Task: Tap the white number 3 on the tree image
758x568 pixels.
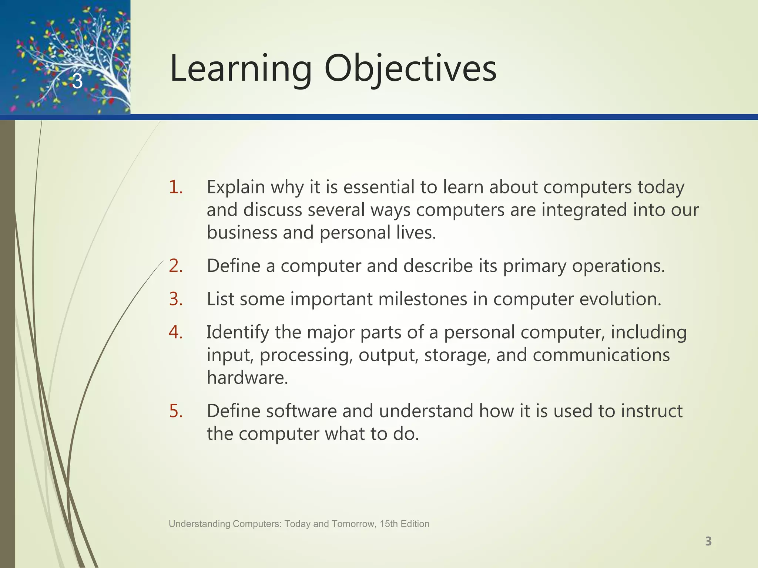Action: pyautogui.click(x=77, y=81)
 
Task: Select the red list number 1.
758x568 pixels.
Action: pyautogui.click(x=175, y=187)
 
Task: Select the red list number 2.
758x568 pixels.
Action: pyautogui.click(x=175, y=266)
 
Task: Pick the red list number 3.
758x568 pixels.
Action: pyautogui.click(x=175, y=299)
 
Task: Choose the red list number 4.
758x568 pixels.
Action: pyautogui.click(x=175, y=332)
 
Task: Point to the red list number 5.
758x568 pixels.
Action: pyautogui.click(x=175, y=411)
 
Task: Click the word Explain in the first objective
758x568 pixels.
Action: pyautogui.click(x=236, y=188)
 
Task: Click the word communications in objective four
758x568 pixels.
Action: pyautogui.click(x=601, y=355)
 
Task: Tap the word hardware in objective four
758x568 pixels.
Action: pyautogui.click(x=247, y=378)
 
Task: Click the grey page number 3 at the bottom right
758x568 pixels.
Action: pyautogui.click(x=708, y=541)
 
